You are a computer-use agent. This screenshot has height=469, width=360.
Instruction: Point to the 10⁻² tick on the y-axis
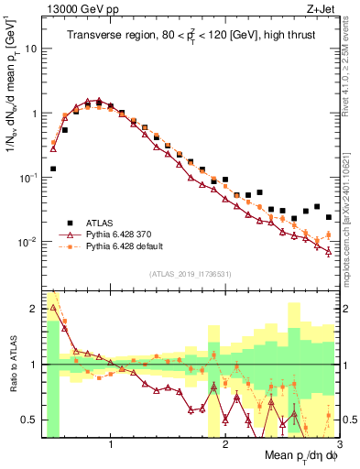coord(28,243)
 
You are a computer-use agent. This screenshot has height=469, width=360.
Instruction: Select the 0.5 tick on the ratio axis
coord(29,420)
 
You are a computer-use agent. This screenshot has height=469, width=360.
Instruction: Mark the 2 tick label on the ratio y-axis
coord(33,310)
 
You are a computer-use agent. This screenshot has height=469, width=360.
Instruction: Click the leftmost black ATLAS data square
coord(53,169)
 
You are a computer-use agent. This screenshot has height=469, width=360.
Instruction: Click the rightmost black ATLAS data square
coord(329,217)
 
